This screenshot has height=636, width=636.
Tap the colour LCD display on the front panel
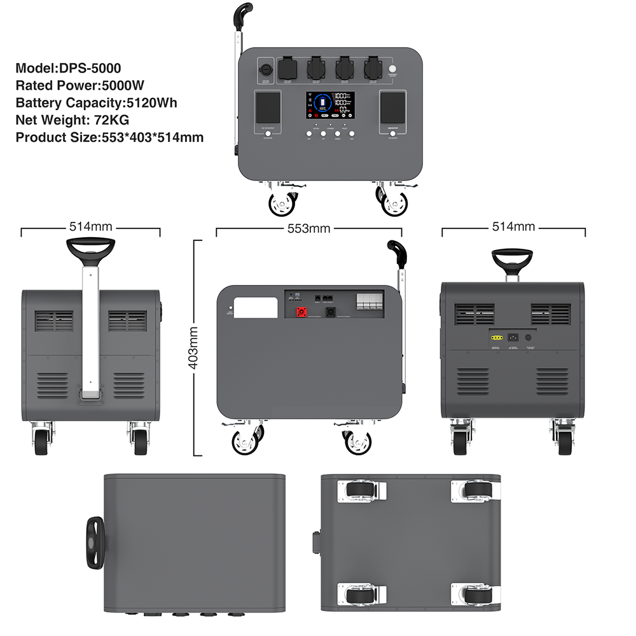(329, 105)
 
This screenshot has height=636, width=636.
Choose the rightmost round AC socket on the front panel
(371, 68)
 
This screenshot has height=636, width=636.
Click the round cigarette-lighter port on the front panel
(265, 69)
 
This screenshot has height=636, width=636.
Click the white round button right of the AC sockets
(392, 69)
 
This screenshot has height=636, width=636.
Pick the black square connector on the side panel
(331, 312)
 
